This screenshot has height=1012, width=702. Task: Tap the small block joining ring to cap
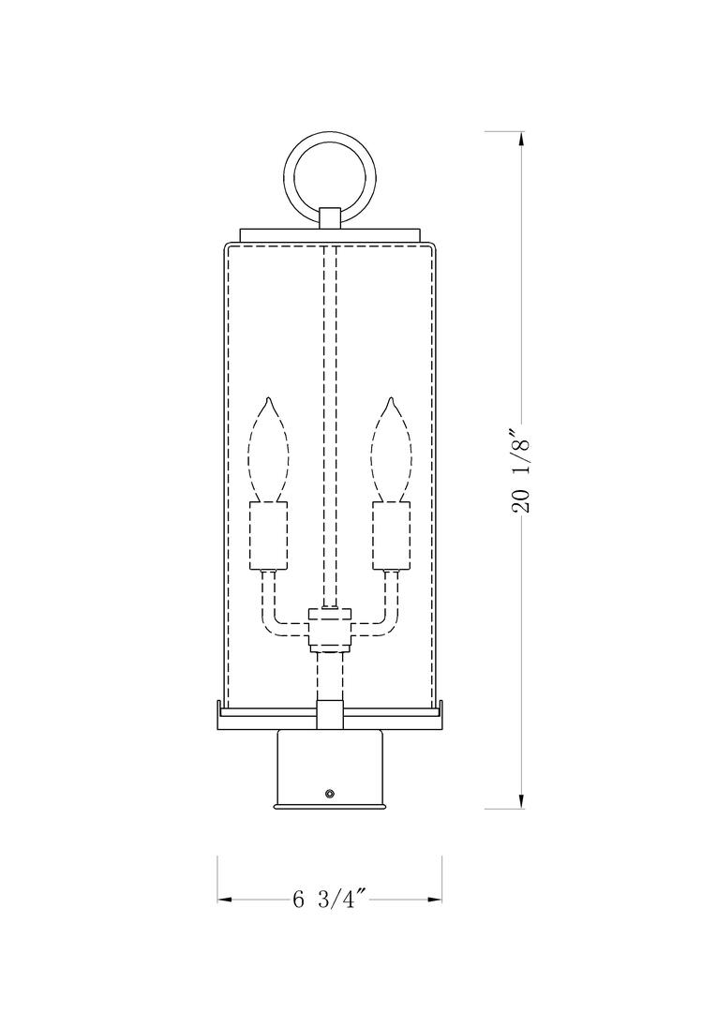(329, 217)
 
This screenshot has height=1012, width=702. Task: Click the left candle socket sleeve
(267, 535)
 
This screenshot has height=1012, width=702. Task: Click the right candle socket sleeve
(391, 535)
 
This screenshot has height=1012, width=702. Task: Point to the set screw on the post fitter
(329, 794)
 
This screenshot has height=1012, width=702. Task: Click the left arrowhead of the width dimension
(226, 900)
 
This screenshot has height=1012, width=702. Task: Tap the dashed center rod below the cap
(329, 422)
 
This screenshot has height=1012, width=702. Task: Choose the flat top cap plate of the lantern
(329, 234)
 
